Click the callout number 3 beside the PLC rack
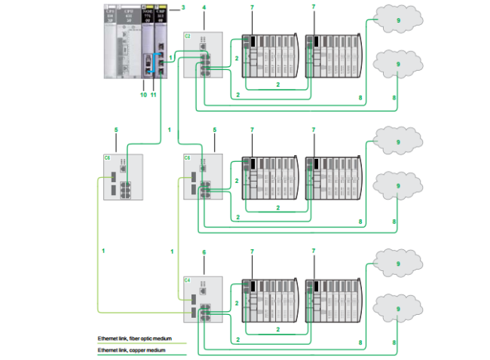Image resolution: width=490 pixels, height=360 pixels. pos(182,8)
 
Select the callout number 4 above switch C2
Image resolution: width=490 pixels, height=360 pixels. pos(204,8)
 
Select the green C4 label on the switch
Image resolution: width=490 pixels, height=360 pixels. pos(188,279)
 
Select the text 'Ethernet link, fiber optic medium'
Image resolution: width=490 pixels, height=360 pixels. pos(132,339)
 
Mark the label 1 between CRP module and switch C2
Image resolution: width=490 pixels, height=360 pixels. pos(171,57)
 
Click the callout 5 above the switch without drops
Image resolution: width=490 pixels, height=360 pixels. pos(115,130)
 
